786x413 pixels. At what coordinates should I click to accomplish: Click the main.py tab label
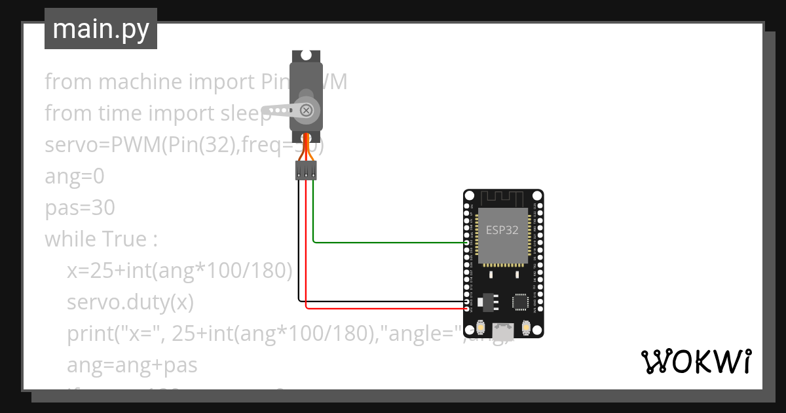click(100, 29)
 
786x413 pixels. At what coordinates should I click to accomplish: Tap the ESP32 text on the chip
click(502, 230)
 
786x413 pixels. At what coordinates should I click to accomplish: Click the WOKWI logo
click(696, 362)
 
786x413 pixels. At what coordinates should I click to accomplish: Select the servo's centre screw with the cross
click(305, 110)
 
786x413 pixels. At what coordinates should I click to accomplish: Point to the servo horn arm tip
click(266, 110)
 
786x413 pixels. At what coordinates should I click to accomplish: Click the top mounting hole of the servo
click(305, 56)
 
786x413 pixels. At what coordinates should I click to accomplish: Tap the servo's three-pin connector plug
click(306, 172)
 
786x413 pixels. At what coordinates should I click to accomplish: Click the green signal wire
click(386, 242)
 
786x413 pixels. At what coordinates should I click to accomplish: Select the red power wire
click(386, 308)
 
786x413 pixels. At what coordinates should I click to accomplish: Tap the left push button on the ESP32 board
click(481, 326)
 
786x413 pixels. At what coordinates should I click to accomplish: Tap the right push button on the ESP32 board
click(525, 326)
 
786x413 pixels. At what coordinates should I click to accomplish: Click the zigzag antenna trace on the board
click(503, 197)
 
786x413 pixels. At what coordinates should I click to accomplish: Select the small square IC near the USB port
click(520, 302)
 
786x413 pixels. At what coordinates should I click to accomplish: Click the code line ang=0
click(74, 176)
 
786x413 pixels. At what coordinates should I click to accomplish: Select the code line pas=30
click(80, 208)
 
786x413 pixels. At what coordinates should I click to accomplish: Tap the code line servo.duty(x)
click(130, 302)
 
